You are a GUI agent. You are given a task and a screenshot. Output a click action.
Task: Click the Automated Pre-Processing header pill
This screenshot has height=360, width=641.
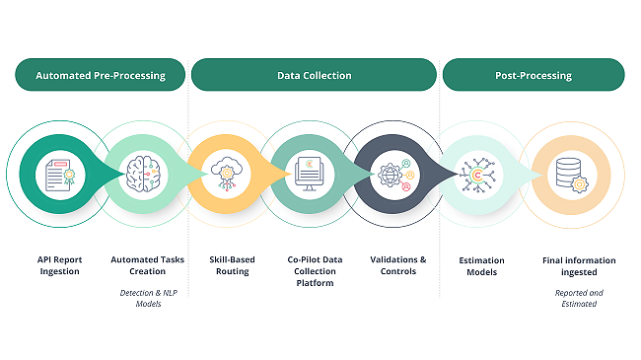pos(100,75)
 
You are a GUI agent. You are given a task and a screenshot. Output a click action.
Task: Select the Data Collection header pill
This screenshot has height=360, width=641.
pos(313,75)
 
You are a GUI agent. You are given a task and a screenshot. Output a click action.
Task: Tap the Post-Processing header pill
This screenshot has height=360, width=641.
pos(533,75)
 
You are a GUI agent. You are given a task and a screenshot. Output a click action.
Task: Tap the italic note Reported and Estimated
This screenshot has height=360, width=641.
pos(579,298)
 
